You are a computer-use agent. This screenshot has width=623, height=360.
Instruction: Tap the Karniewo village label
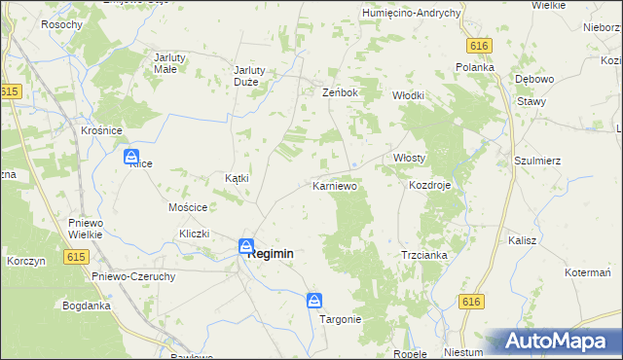click(335, 185)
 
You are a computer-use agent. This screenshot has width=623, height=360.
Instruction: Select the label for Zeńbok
click(341, 92)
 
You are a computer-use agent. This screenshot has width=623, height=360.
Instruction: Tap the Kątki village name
click(238, 178)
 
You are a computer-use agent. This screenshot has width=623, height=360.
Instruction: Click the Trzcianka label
click(423, 255)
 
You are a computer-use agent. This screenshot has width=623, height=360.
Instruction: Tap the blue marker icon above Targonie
click(314, 301)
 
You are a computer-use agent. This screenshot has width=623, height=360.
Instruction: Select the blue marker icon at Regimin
click(247, 247)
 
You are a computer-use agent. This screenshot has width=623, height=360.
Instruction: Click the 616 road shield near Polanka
click(477, 46)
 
